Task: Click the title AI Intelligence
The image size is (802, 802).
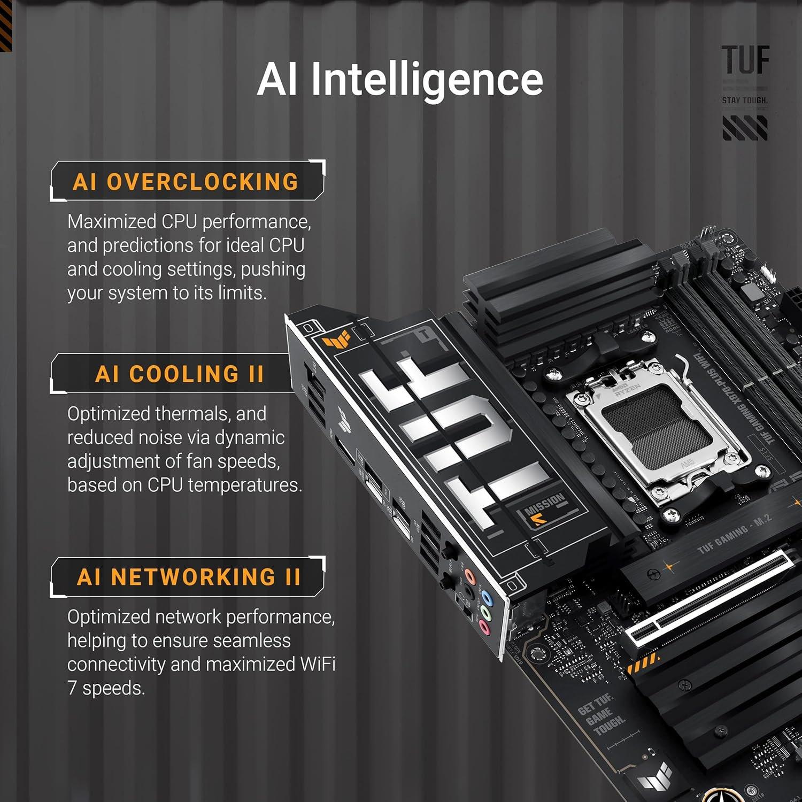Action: click(x=400, y=80)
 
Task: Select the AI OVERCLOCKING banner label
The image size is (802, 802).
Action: click(x=186, y=182)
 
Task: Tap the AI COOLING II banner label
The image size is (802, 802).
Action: click(x=180, y=374)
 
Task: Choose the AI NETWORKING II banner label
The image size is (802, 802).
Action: click(x=188, y=577)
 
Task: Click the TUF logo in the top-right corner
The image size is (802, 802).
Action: click(x=745, y=60)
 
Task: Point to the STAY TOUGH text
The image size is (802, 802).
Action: click(x=744, y=101)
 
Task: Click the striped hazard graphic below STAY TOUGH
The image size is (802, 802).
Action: click(x=745, y=128)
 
